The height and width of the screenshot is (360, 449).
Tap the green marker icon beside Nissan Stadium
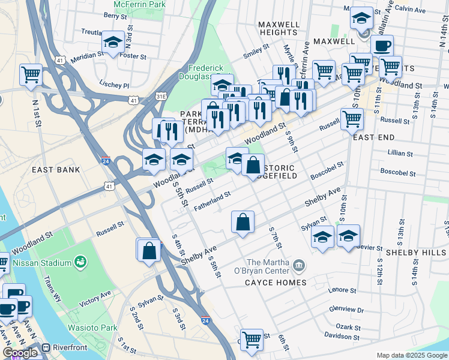click(79, 262)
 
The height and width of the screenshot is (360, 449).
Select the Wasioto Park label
click(92, 328)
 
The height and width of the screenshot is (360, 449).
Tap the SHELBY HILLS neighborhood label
click(417, 253)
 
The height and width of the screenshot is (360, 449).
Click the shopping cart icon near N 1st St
click(31, 75)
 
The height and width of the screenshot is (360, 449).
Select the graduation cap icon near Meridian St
click(113, 42)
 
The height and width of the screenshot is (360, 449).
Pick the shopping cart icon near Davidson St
click(252, 340)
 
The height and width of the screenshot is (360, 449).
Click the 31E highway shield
click(160, 96)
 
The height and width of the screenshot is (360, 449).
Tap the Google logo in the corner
click(20, 353)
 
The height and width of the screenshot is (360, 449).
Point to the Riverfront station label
click(70, 347)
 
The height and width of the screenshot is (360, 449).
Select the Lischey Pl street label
click(114, 85)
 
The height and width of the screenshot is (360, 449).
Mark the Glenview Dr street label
click(347, 309)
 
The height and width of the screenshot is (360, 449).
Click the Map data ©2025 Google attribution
click(412, 355)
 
